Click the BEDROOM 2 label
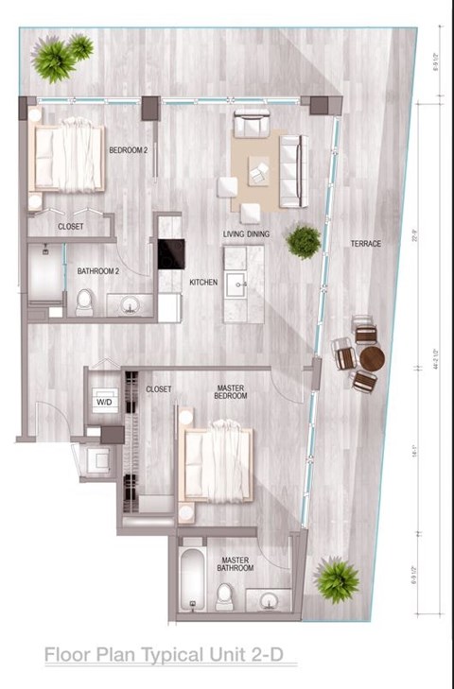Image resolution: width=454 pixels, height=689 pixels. click(129, 150)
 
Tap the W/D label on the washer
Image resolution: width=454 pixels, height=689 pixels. click(102, 401)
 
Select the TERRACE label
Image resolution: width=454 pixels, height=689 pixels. click(365, 244)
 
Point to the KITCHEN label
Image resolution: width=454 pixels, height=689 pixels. click(203, 283)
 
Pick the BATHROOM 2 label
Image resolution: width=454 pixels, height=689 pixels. click(97, 272)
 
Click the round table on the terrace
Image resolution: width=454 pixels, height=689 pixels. click(372, 358)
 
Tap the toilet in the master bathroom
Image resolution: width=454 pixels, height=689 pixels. click(225, 595)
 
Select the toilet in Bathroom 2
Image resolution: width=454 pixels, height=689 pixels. click(84, 301)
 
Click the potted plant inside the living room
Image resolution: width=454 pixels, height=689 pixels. click(304, 241)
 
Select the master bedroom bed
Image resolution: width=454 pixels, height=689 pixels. click(218, 462)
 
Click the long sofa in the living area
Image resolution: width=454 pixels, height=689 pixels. click(292, 171)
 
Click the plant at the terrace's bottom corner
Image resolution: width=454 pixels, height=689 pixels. click(336, 579)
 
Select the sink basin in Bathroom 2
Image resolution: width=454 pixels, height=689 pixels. click(131, 304)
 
